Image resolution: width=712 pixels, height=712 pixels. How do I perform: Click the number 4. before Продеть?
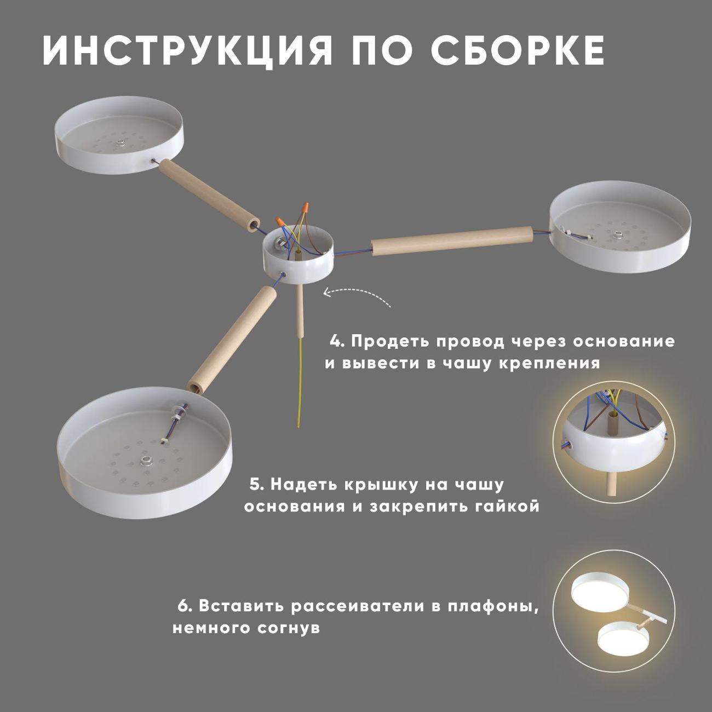pos(337,341)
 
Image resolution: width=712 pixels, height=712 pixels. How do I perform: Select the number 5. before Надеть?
pos(256,484)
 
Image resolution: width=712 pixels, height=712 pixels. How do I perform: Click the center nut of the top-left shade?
pos(119,142)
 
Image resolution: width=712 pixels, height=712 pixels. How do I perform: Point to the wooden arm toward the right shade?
pos(452,241)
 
